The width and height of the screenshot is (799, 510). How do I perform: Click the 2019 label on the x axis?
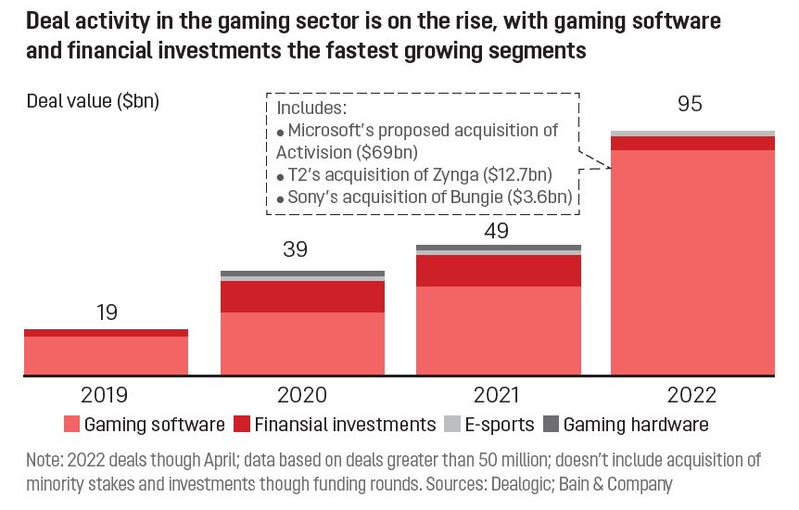point(107,395)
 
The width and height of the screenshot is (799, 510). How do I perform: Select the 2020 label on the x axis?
point(302,395)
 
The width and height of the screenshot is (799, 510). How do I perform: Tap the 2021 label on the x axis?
point(499,395)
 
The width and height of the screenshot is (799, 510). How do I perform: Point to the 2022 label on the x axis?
point(692,395)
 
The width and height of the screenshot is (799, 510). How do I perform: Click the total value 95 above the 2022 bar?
point(691,104)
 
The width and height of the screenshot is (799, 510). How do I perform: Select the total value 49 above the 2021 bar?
point(498,229)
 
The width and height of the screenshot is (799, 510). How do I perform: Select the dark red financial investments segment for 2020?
point(302,297)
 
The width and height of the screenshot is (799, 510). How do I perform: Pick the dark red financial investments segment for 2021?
point(499,271)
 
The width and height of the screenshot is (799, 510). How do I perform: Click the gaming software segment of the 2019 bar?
point(107,356)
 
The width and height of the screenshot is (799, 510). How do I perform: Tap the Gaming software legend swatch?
point(71,425)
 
